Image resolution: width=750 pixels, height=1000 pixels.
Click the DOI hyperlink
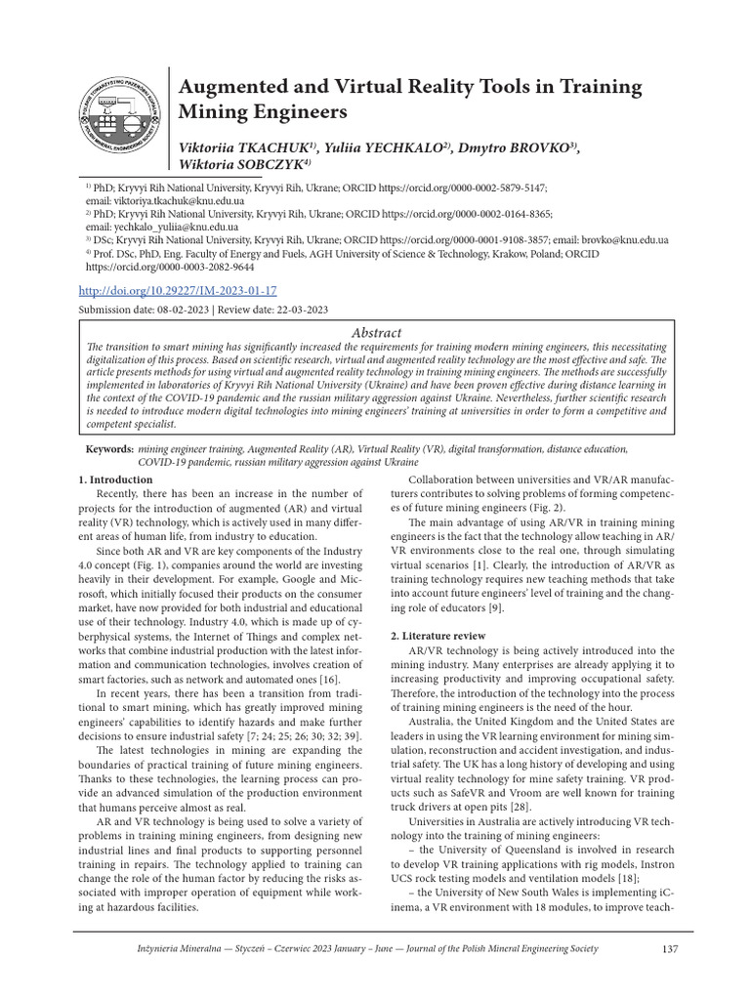pyautogui.click(x=178, y=291)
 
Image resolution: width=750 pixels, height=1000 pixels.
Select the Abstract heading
pyautogui.click(x=374, y=333)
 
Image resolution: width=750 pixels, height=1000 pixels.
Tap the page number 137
pyautogui.click(x=669, y=948)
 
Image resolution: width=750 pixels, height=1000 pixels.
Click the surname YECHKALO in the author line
pyautogui.click(x=397, y=146)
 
